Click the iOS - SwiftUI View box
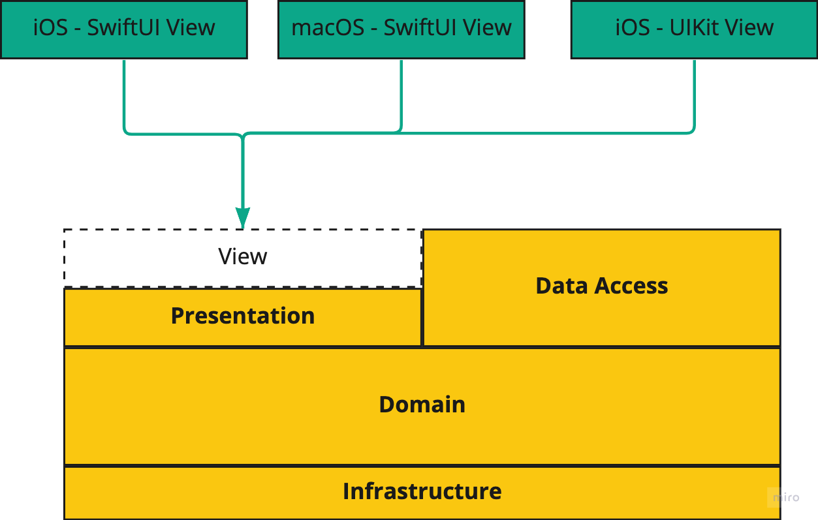[124, 29]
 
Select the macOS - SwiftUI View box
[401, 29]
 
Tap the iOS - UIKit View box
[694, 29]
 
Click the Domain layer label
[422, 405]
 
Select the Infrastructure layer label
[422, 491]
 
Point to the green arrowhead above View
[243, 217]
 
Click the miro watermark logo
[786, 497]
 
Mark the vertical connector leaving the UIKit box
[694, 95]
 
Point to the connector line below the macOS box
[401, 95]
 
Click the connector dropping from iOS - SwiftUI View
[124, 95]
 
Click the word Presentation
[243, 316]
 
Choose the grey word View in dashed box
[243, 256]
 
